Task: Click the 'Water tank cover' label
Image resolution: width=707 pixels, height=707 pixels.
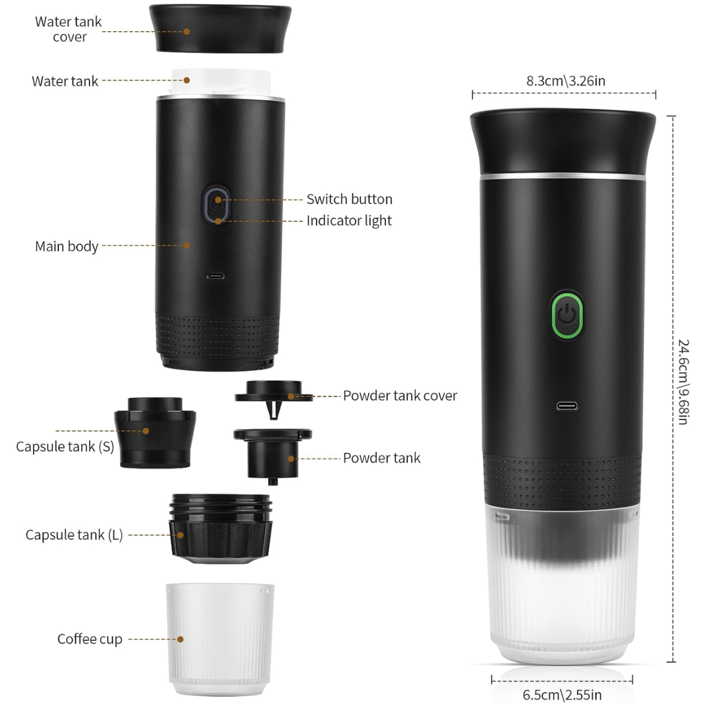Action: pos(68,29)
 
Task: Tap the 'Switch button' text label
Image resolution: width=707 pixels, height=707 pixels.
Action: pos(349,199)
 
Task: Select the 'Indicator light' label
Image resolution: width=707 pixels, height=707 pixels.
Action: pos(349,221)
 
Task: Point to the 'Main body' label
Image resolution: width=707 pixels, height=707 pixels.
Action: pos(67,246)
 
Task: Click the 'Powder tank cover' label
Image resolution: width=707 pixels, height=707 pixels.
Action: pos(400,395)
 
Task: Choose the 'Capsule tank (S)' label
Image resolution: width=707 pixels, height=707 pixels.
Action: pos(65,447)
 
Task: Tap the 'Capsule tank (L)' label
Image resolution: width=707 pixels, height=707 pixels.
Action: pos(74,535)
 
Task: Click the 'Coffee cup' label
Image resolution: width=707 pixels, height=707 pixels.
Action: pos(90,639)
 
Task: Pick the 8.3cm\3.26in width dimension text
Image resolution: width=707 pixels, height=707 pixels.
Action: pos(566,81)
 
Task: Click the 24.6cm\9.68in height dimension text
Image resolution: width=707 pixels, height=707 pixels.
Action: pos(683,382)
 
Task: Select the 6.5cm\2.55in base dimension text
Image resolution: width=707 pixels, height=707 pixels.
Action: pos(562,695)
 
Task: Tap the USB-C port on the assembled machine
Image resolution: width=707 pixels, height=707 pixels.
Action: pos(567,406)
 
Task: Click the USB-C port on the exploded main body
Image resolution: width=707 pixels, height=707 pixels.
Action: pos(216,276)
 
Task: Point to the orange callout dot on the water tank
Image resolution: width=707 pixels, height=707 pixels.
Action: pos(187,80)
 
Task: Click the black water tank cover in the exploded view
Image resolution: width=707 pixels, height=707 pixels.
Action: pos(220,29)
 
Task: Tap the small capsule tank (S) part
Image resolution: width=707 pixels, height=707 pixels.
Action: pos(155,432)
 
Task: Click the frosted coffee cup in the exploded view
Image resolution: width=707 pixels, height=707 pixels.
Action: pos(220,640)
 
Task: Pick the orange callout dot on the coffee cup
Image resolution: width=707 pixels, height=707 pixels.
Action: pos(180,639)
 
